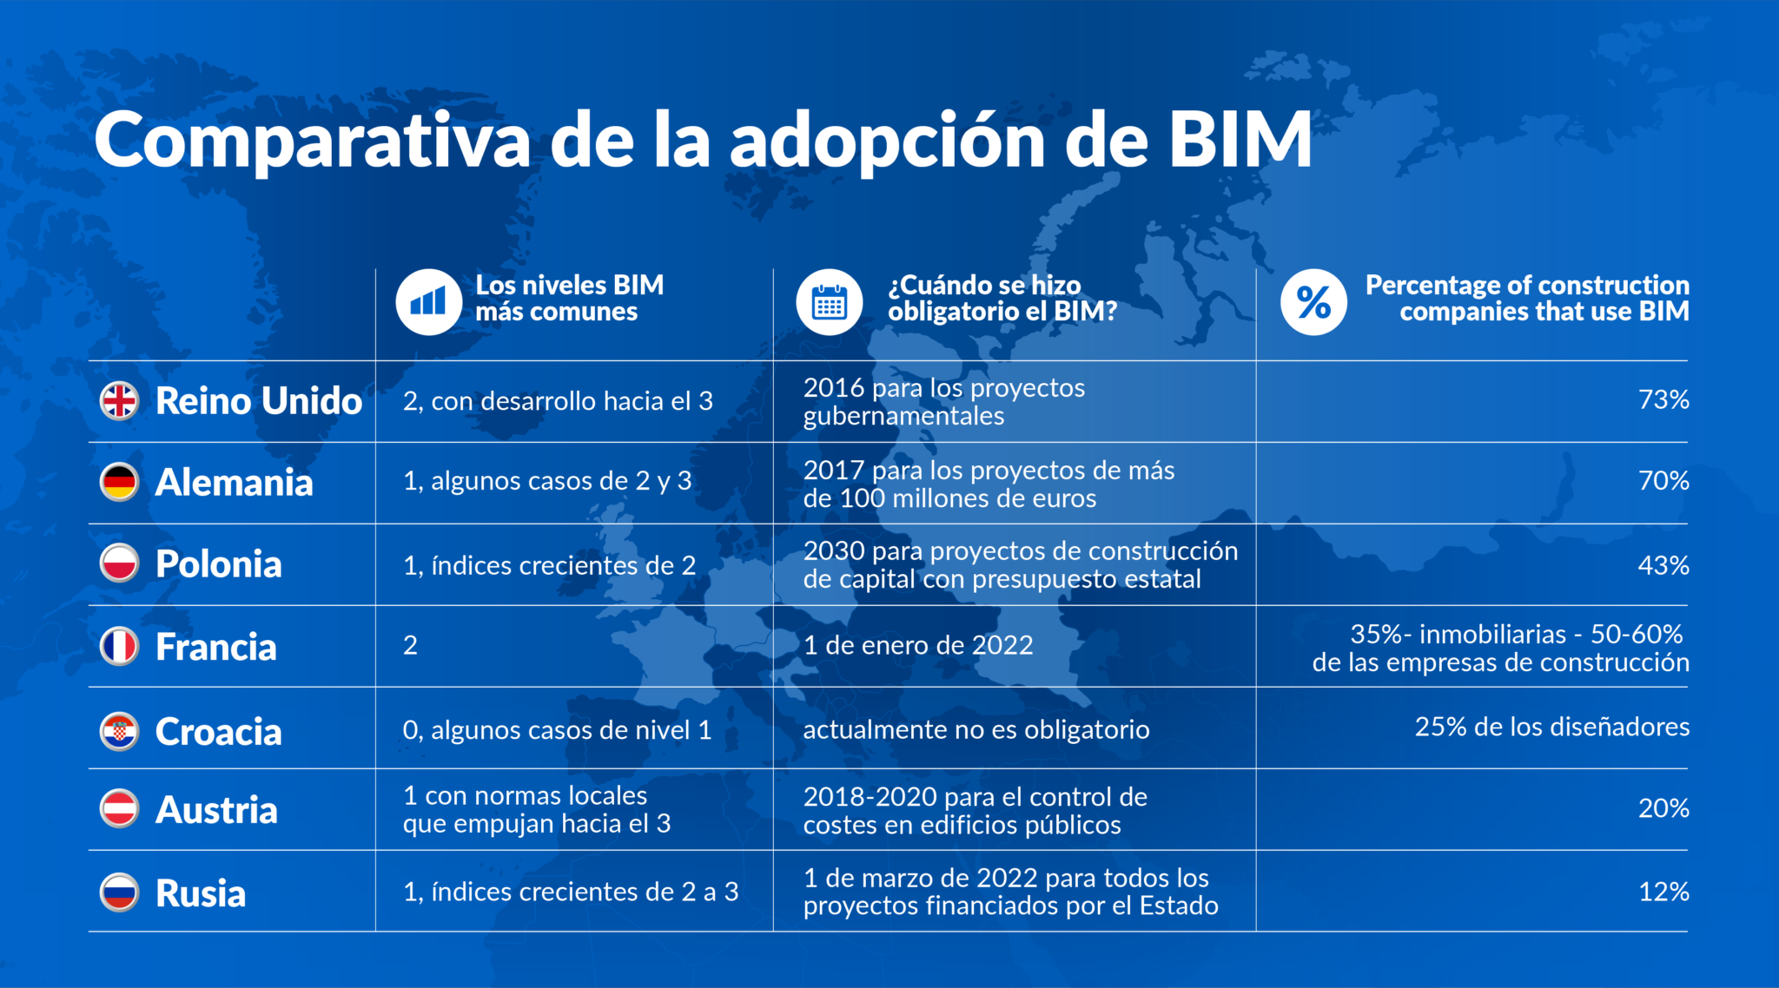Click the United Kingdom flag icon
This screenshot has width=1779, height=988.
tap(120, 400)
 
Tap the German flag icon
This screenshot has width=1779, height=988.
tap(120, 482)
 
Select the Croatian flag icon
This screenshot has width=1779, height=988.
tap(120, 732)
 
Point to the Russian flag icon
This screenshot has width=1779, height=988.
tap(120, 892)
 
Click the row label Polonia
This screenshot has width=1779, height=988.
tap(218, 564)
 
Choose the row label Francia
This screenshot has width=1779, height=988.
tap(215, 647)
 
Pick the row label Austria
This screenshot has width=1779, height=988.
tap(216, 810)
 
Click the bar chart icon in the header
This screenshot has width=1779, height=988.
tap(428, 301)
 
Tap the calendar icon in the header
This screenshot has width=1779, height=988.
tap(830, 301)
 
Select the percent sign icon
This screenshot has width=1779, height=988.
tap(1313, 301)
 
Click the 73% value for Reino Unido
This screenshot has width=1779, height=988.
tap(1663, 399)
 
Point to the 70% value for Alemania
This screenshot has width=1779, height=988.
tap(1663, 480)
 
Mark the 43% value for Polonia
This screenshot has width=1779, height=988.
tap(1663, 565)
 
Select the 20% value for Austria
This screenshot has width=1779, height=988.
tap(1663, 807)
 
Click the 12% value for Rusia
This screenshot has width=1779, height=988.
tap(1663, 892)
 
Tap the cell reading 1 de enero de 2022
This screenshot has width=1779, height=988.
tap(918, 645)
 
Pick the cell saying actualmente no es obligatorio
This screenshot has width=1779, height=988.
tap(976, 729)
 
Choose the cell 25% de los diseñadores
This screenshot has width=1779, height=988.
tap(1551, 726)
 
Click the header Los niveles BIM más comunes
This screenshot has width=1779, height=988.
tap(569, 298)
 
